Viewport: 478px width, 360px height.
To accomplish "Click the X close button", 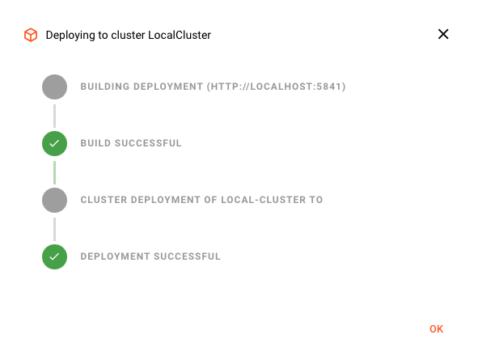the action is (443, 34).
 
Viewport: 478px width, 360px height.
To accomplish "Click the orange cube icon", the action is (31, 35).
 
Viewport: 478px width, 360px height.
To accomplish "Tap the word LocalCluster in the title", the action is (180, 35).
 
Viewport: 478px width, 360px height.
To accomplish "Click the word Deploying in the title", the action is (70, 36).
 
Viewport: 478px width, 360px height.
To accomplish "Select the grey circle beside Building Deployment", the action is (54, 87).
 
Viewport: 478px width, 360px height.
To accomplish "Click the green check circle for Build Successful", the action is (54, 143).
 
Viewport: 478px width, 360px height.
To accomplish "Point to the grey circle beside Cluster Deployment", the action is (54, 201).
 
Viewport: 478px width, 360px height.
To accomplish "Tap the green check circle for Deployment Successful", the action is (54, 256).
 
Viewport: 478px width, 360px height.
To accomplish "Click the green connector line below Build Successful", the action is (54, 172).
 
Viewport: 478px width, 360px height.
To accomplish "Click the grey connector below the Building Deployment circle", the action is (54, 116).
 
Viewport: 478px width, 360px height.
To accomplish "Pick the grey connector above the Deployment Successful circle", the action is (54, 229).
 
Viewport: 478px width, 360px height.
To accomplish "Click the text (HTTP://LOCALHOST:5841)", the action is (276, 87).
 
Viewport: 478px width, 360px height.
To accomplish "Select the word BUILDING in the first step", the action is (105, 87).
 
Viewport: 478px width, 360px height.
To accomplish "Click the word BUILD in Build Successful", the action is (95, 143).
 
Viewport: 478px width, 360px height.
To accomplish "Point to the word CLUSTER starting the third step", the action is (104, 200).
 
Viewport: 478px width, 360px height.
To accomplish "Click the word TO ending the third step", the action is (316, 200).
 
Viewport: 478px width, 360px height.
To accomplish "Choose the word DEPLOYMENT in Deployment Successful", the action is (115, 256).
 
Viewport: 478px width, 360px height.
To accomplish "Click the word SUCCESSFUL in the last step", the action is (187, 256).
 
